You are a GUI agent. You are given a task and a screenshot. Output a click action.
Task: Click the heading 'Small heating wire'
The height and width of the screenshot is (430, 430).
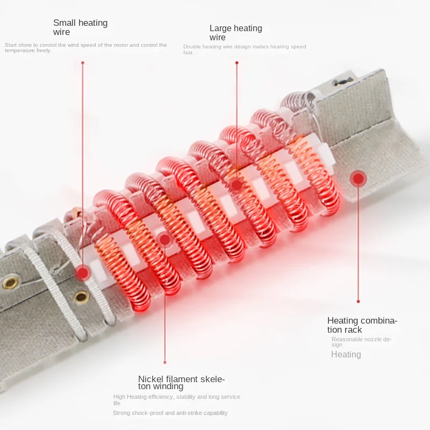(x=80, y=27)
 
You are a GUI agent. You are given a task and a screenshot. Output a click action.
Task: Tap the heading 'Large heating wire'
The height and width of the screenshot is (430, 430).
(x=236, y=33)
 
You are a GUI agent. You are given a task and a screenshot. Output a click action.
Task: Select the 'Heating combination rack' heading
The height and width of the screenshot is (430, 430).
(x=362, y=325)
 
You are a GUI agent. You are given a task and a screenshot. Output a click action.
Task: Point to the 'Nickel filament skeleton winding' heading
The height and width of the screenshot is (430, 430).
(x=181, y=383)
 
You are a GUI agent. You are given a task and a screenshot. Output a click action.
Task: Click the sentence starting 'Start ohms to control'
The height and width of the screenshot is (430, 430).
(x=86, y=48)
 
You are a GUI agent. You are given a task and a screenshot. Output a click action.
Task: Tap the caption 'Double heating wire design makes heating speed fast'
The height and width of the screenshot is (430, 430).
(x=245, y=49)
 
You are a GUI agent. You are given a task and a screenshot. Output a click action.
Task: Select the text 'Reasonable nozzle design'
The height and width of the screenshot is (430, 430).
(x=361, y=342)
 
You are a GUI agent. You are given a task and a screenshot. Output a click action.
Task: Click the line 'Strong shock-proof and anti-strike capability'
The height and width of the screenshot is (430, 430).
(x=170, y=413)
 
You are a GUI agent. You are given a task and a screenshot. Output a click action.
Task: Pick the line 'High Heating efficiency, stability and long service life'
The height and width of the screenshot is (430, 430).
(x=177, y=400)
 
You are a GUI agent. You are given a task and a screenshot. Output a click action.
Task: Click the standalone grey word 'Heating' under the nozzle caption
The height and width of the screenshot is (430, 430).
(x=346, y=354)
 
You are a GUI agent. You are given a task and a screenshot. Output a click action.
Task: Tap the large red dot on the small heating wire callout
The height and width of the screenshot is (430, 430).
(x=83, y=273)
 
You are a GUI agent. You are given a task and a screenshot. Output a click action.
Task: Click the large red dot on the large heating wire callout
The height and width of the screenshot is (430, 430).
(x=236, y=185)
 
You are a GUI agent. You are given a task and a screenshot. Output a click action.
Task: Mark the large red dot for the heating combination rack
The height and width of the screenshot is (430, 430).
(x=358, y=179)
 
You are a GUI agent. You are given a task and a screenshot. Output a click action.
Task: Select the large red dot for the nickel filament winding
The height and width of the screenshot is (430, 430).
(x=165, y=240)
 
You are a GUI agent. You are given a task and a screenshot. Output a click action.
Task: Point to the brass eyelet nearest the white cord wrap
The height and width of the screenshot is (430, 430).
(x=81, y=297)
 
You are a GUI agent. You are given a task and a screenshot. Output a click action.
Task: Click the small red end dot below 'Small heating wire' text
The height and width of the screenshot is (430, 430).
(x=83, y=63)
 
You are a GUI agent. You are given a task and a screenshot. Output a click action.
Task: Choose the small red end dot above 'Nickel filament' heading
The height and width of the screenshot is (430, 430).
(x=165, y=362)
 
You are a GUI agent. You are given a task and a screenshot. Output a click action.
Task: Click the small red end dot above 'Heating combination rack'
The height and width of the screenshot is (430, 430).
(x=358, y=302)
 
